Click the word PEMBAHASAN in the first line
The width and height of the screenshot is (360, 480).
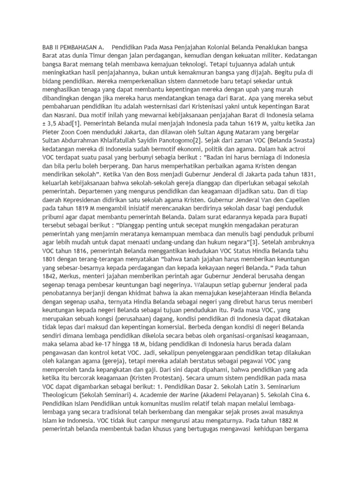pyautogui.click(x=74, y=48)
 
